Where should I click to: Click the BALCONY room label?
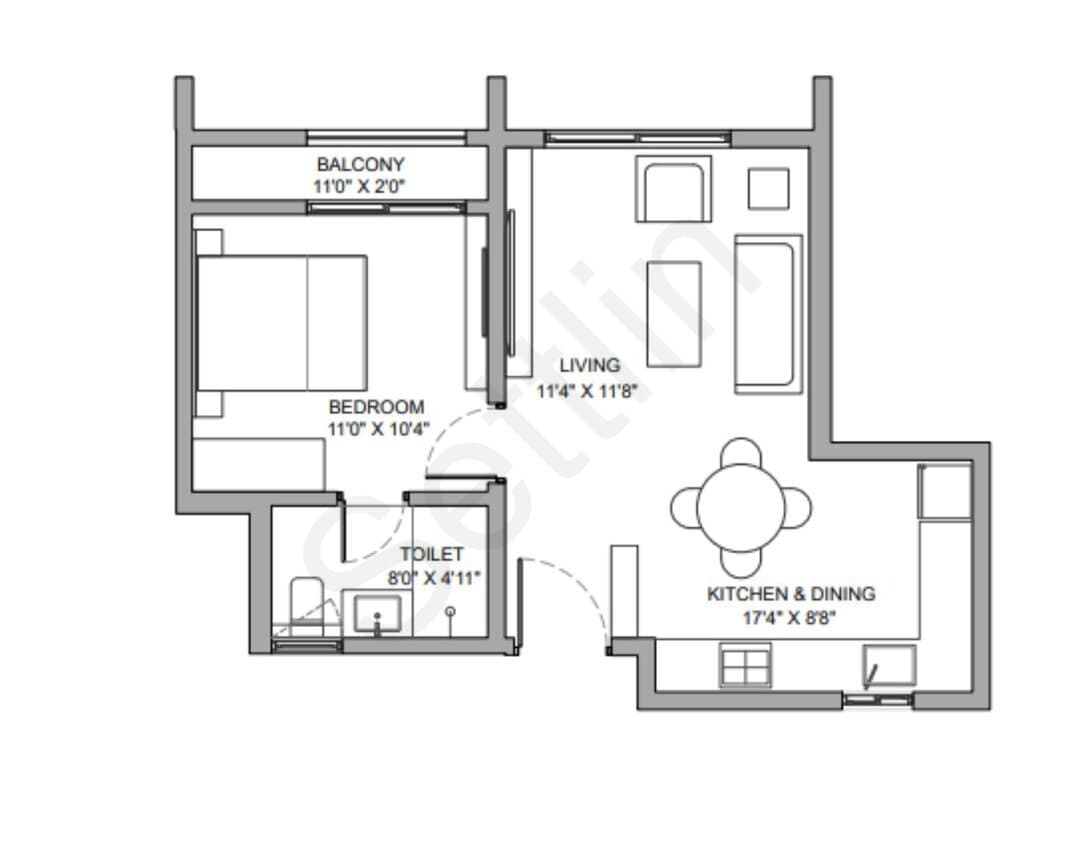pos(360,165)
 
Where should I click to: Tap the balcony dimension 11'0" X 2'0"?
pos(360,186)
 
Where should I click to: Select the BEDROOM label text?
pos(376,407)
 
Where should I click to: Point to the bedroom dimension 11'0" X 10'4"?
pos(378,429)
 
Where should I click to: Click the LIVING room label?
pos(590,365)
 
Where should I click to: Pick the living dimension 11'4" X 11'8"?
pos(588,391)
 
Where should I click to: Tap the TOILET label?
pos(432,554)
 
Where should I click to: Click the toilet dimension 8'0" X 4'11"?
pos(433,578)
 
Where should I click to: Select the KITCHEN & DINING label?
pos(791,594)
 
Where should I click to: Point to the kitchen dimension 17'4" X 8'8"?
pos(789,618)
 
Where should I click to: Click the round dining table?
pos(741,508)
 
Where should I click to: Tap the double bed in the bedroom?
pos(282,323)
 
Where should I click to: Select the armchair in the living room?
pos(674,189)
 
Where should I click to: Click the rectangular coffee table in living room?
pos(674,314)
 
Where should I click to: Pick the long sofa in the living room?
pos(768,315)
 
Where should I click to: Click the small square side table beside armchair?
pos(769,188)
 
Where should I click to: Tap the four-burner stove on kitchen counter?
pos(745,665)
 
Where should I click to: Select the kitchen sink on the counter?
pos(890,666)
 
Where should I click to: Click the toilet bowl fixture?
pos(307,605)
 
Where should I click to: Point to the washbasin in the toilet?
pos(377,614)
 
